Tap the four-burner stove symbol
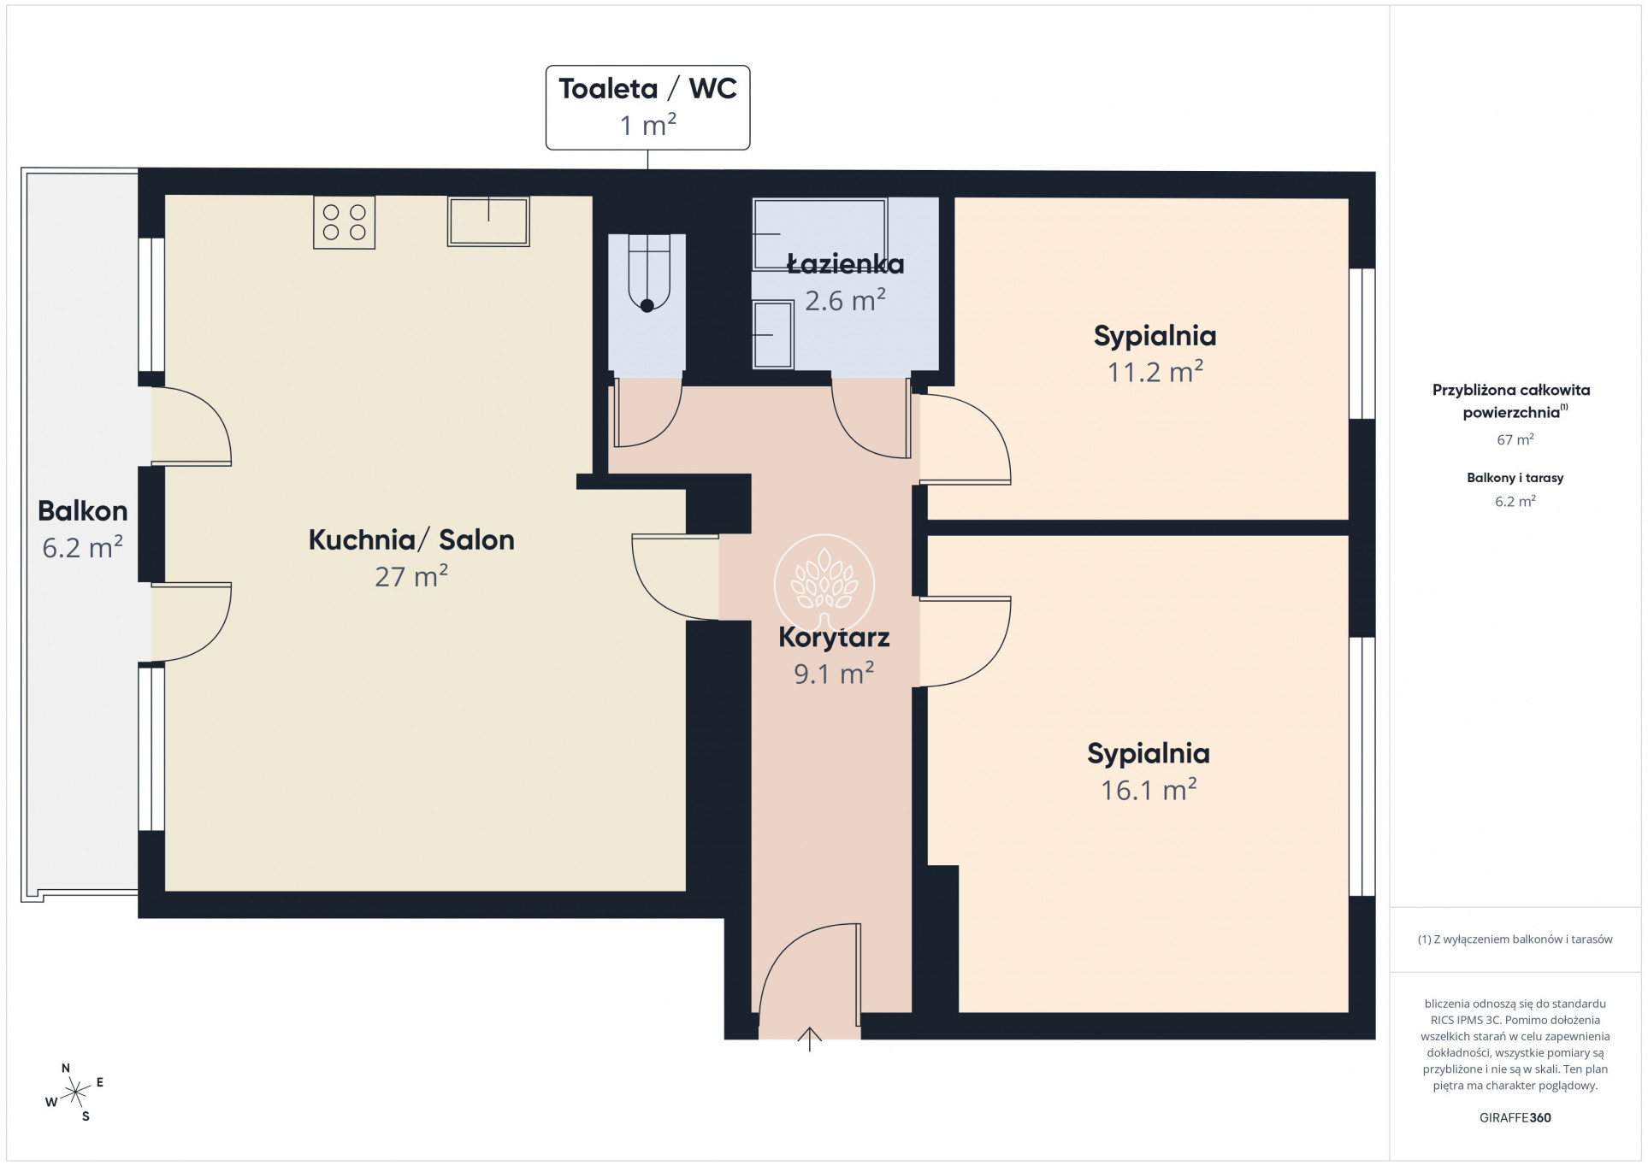tap(344, 222)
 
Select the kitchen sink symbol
tap(488, 221)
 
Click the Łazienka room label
tap(845, 264)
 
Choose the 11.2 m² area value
tap(1155, 372)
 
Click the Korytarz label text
tap(834, 637)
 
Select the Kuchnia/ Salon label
tap(411, 539)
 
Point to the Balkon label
tap(83, 511)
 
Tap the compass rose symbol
tap(75, 1092)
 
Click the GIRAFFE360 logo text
tap(1515, 1117)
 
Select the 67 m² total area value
tap(1515, 439)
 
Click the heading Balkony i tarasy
tap(1515, 478)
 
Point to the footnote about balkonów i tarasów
tap(1515, 939)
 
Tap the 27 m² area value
tap(411, 576)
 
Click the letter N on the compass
tap(66, 1069)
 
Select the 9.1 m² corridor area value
tap(834, 674)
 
